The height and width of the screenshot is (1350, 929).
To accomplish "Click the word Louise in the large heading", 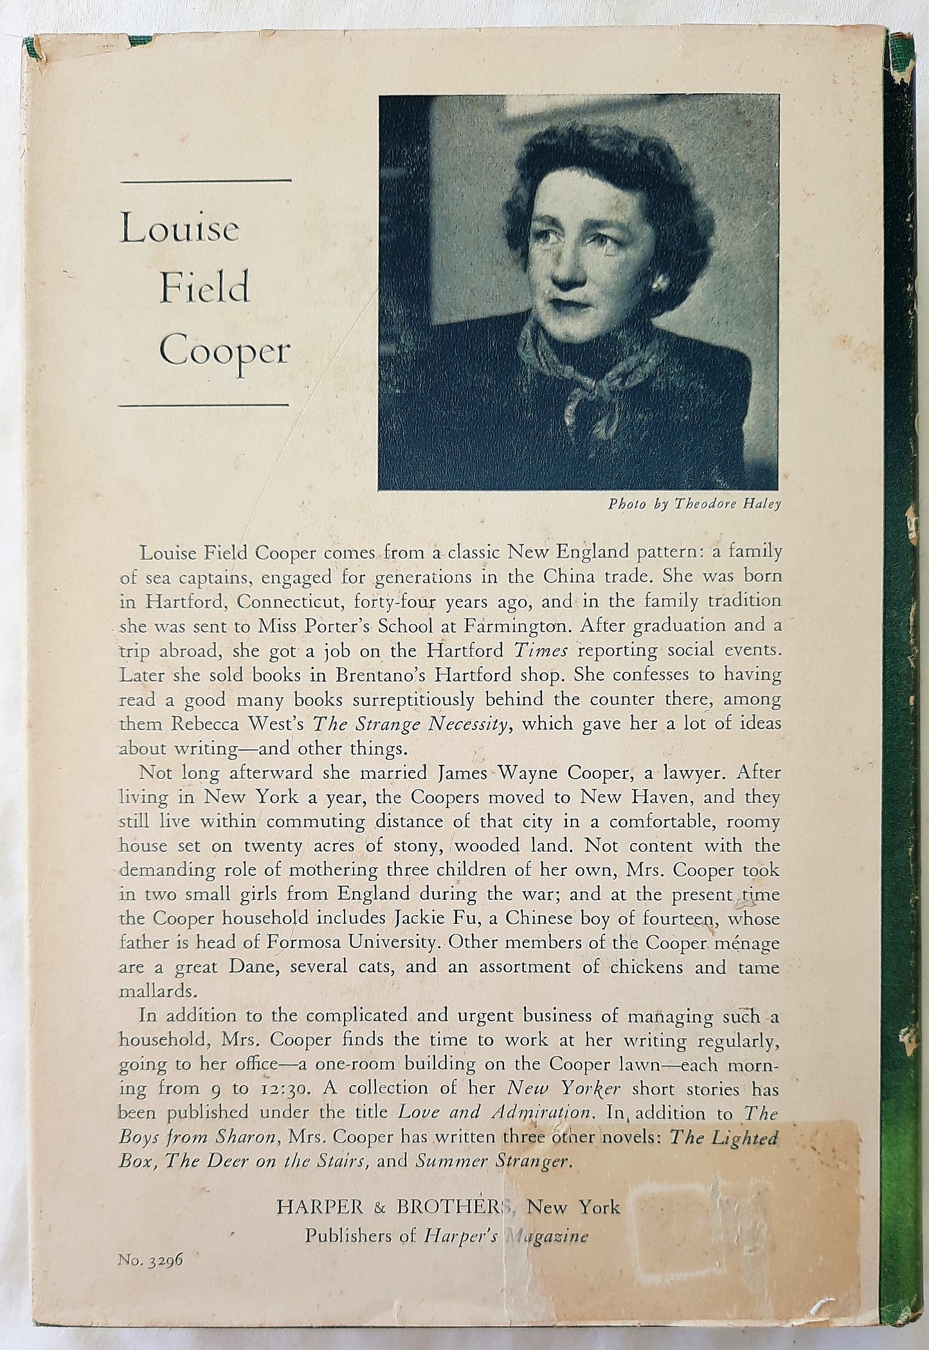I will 179,230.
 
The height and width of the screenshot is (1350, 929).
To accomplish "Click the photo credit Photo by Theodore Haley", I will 694,504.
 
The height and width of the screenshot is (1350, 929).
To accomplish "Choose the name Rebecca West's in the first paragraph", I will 242,724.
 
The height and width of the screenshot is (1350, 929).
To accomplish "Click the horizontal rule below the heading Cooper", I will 204,405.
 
